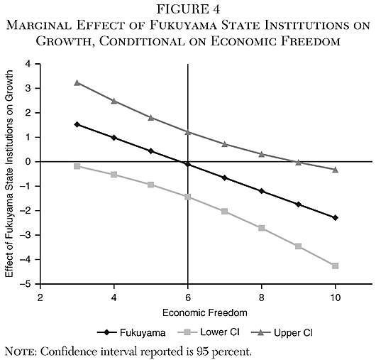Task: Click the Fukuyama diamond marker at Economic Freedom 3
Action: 77,124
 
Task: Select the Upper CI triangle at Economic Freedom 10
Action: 335,170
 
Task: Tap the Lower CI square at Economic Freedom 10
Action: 335,266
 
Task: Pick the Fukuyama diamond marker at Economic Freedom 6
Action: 187,164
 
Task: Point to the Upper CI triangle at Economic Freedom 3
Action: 77,82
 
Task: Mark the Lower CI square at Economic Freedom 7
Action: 224,211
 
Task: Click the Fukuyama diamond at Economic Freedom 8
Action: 261,191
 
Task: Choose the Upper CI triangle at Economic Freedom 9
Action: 298,162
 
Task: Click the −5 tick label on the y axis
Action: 28,284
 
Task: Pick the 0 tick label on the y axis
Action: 31,162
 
